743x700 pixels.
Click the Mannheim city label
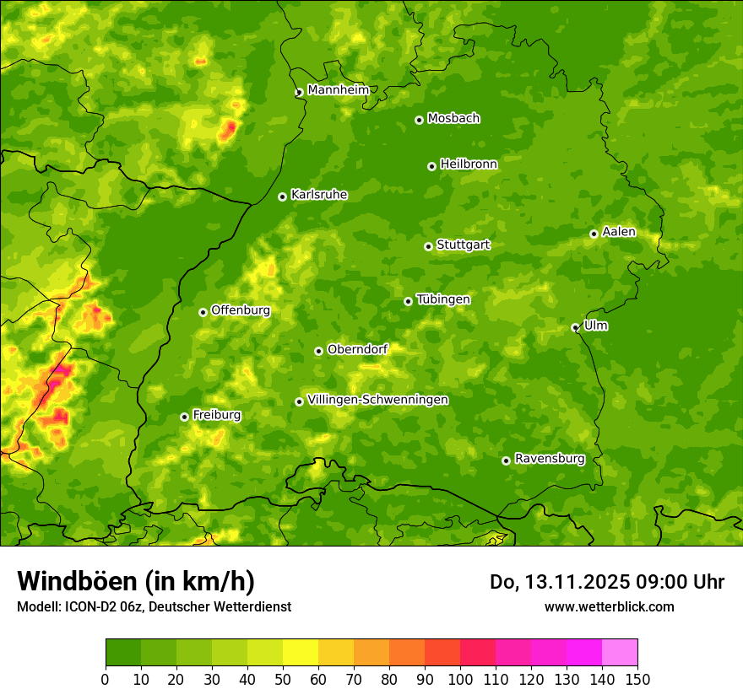[339, 90]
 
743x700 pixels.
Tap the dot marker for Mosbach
[419, 120]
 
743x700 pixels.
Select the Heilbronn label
[469, 164]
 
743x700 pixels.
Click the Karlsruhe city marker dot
[282, 197]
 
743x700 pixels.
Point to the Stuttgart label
[463, 245]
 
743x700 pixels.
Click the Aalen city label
[619, 232]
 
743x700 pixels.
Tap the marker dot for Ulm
[575, 327]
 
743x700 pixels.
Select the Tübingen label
[443, 299]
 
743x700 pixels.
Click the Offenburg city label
[241, 310]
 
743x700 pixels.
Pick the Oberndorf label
[357, 349]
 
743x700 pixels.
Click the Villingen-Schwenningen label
[377, 400]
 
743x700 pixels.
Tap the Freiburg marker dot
[184, 417]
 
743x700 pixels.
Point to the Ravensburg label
[550, 459]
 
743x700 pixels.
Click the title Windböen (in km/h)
[135, 581]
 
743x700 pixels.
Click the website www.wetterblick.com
[609, 606]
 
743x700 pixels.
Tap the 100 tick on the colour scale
[460, 679]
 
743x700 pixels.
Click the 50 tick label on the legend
[283, 679]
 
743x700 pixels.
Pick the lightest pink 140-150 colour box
[620, 653]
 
